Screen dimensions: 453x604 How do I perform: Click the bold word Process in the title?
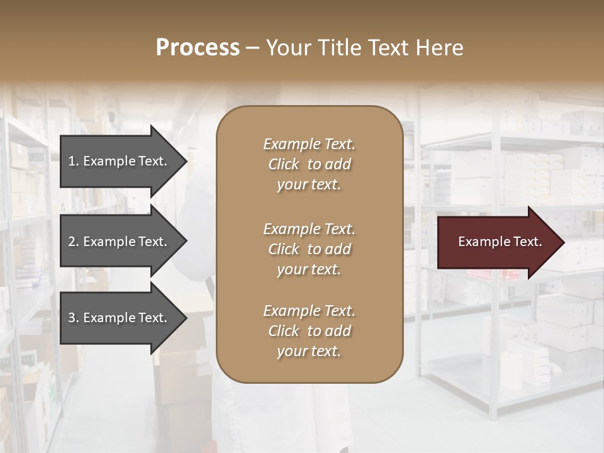tap(198, 48)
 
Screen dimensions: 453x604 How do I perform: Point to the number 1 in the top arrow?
tap(72, 161)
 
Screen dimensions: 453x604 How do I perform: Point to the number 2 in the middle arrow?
tap(72, 242)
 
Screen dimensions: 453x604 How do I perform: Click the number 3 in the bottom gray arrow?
tap(72, 318)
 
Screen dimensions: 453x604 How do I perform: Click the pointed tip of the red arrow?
tap(562, 242)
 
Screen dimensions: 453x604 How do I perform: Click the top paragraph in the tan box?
tap(309, 164)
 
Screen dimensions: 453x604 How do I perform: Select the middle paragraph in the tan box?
tap(309, 249)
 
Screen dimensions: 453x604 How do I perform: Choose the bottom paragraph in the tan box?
tap(309, 331)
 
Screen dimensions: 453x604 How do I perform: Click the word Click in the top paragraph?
tap(284, 165)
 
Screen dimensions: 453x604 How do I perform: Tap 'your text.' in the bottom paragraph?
tap(309, 351)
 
